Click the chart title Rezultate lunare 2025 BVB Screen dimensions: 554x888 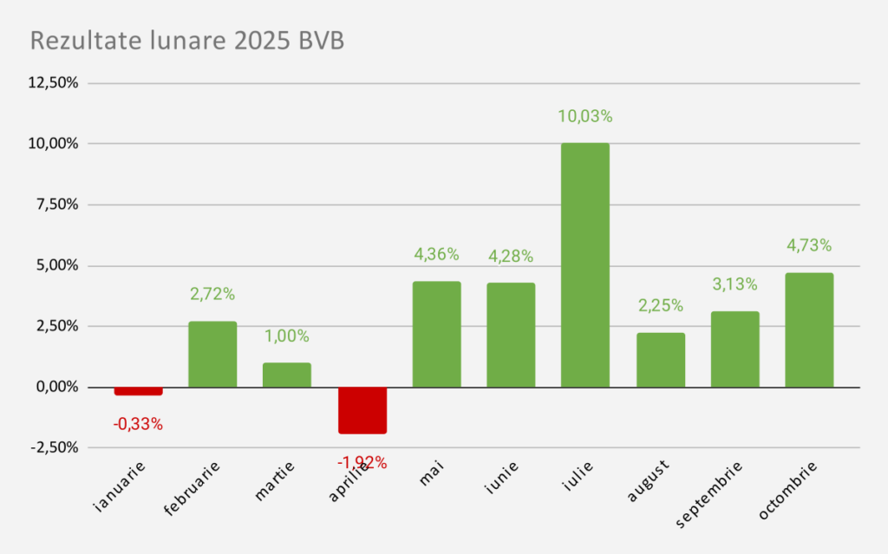(187, 41)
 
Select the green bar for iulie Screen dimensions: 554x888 (584, 264)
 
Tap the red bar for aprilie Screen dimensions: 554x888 (362, 410)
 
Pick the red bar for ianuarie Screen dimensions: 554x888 (139, 391)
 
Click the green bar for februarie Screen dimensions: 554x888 (212, 354)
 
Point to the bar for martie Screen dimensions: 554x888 (287, 375)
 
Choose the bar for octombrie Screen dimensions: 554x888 (809, 329)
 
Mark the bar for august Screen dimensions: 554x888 (660, 360)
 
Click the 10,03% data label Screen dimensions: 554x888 (584, 116)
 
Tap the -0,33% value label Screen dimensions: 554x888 (138, 424)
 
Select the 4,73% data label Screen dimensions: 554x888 (809, 245)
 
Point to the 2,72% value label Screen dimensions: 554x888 (212, 294)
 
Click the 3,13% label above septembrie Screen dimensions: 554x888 (735, 284)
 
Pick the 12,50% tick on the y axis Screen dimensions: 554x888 (54, 83)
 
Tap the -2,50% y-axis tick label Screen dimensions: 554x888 (55, 447)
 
